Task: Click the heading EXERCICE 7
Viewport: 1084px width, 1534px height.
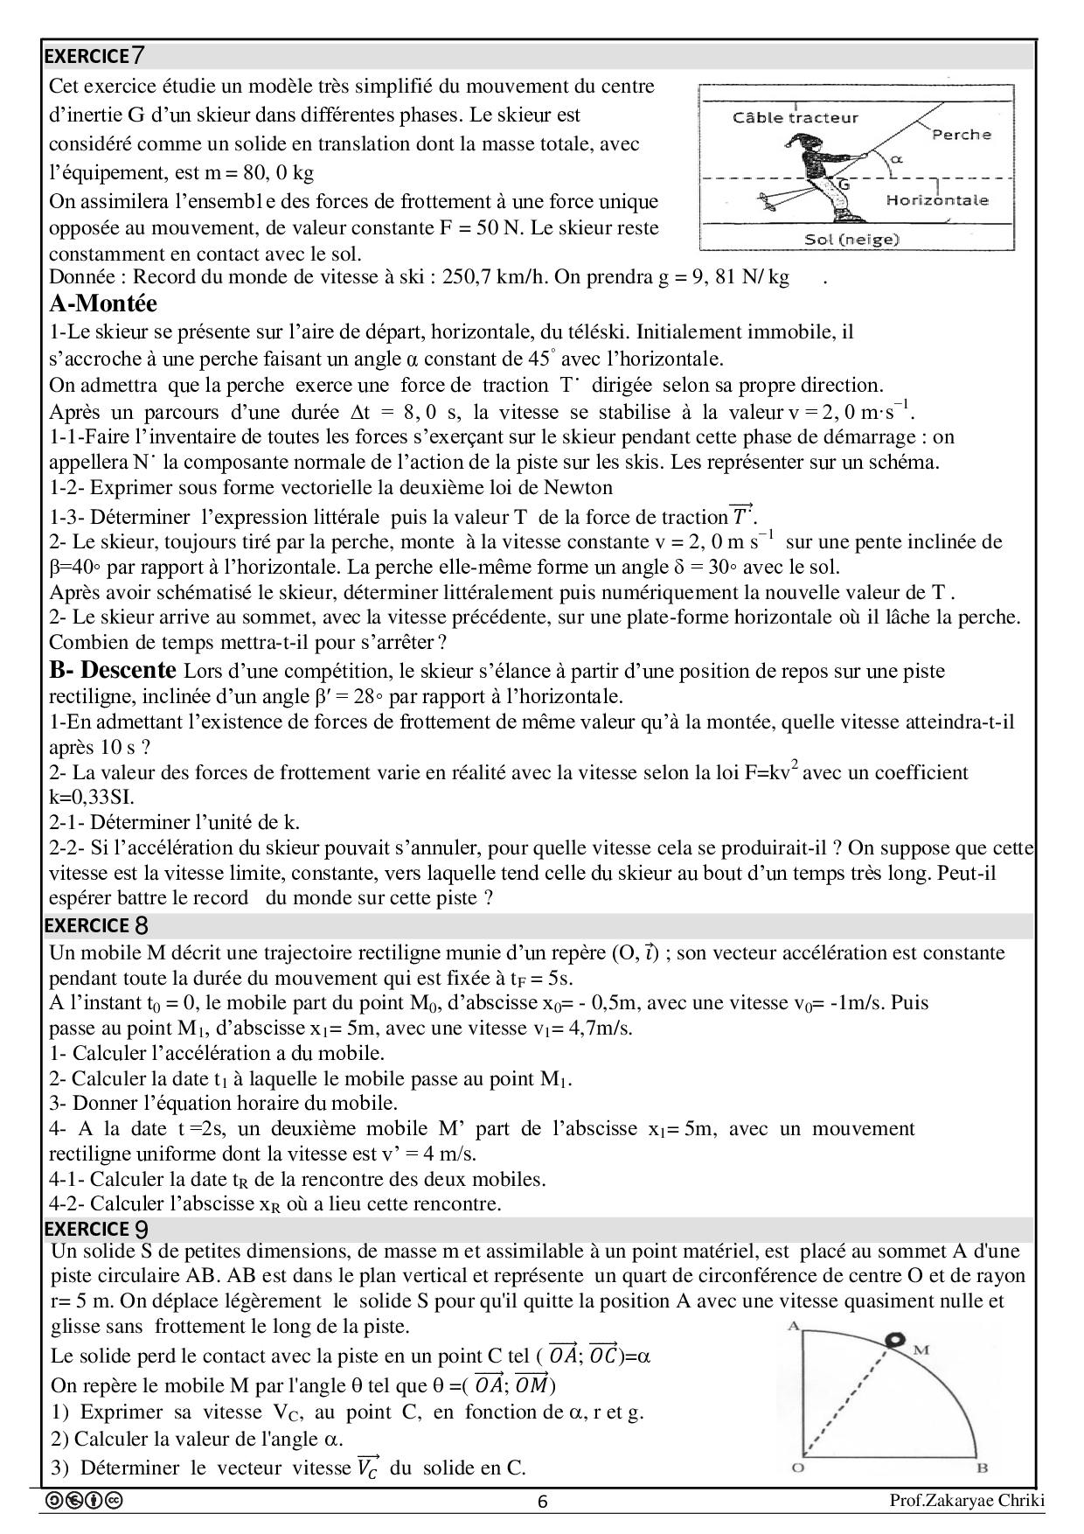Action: coord(94,56)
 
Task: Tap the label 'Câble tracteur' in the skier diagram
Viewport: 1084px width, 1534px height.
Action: coord(795,118)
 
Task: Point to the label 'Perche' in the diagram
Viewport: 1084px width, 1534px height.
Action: coord(961,135)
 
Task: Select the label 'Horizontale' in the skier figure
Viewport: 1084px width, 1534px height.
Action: coord(936,200)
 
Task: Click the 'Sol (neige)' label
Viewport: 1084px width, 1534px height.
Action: coord(852,239)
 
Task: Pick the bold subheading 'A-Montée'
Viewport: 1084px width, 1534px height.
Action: coord(103,304)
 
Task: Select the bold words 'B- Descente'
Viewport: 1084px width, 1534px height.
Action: coord(112,671)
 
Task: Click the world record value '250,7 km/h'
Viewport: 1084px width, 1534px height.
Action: coord(495,278)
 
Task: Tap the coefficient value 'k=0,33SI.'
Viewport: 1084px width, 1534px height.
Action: coord(91,797)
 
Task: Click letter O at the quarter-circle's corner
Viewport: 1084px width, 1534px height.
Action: coord(796,1468)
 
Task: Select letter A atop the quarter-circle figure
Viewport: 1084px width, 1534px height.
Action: coord(794,1327)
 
